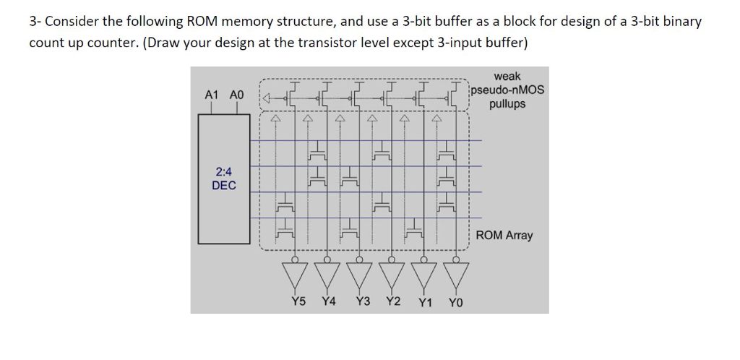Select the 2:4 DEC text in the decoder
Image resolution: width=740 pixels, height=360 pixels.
tap(224, 179)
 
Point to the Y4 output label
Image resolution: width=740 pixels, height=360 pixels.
tap(329, 301)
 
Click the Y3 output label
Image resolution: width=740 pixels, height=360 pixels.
tap(363, 301)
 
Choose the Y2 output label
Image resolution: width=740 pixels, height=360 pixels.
tap(392, 301)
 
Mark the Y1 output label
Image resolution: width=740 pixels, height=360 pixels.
tap(426, 302)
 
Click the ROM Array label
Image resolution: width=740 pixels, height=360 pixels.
tap(504, 236)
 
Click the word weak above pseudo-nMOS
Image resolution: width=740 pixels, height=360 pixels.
tap(507, 76)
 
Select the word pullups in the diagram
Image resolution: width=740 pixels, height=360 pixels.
tap(507, 104)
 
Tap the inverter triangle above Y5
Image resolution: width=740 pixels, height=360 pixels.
tap(294, 274)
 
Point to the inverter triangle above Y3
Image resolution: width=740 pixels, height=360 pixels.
tap(359, 274)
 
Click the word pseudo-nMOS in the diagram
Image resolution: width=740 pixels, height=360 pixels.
tap(507, 90)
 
